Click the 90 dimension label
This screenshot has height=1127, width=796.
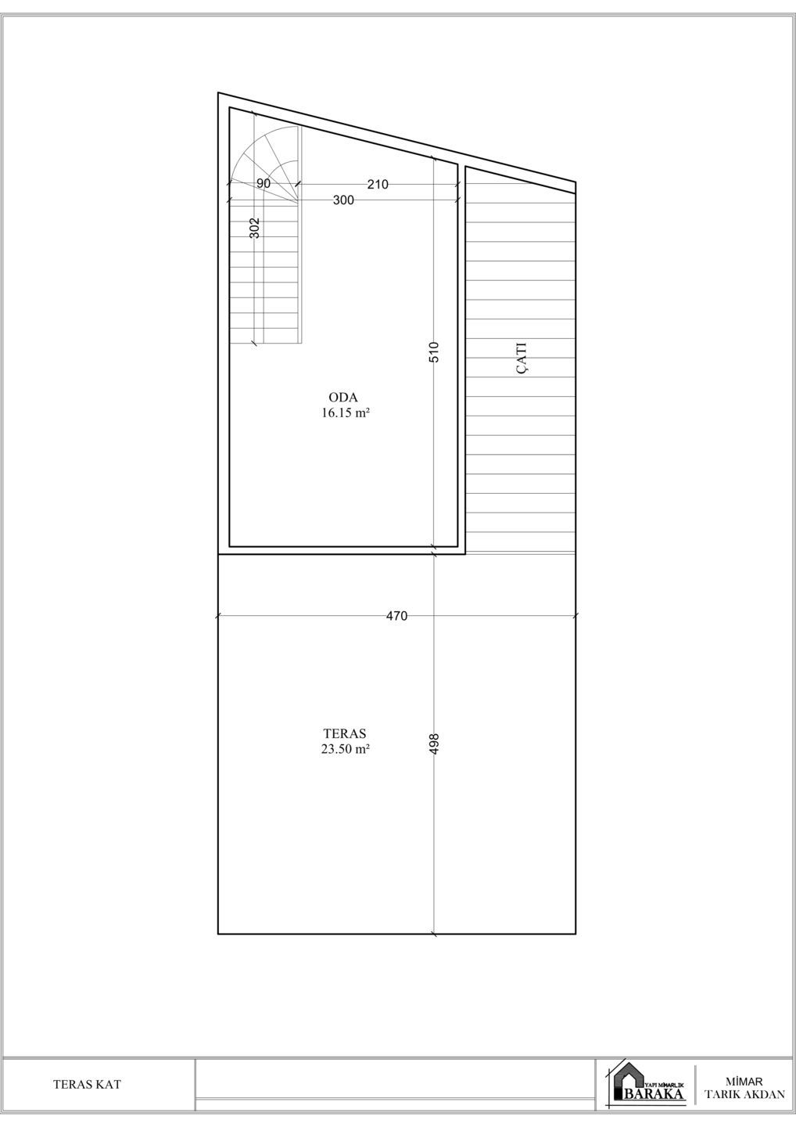[x=264, y=184]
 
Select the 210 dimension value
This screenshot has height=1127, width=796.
[x=378, y=185]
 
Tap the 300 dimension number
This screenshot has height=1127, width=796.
[x=343, y=200]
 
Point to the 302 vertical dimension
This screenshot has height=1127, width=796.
[x=255, y=228]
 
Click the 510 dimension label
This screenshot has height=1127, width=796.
[x=435, y=352]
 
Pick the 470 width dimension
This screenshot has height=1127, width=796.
[x=397, y=615]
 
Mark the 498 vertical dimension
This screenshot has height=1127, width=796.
[x=435, y=744]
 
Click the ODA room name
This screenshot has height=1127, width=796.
[x=343, y=398]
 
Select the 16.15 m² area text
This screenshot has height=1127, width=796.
[x=346, y=413]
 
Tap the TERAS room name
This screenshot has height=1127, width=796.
[x=345, y=733]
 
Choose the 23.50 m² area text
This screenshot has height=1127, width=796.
[x=346, y=749]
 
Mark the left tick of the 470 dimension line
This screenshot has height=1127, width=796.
[x=217, y=615]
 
